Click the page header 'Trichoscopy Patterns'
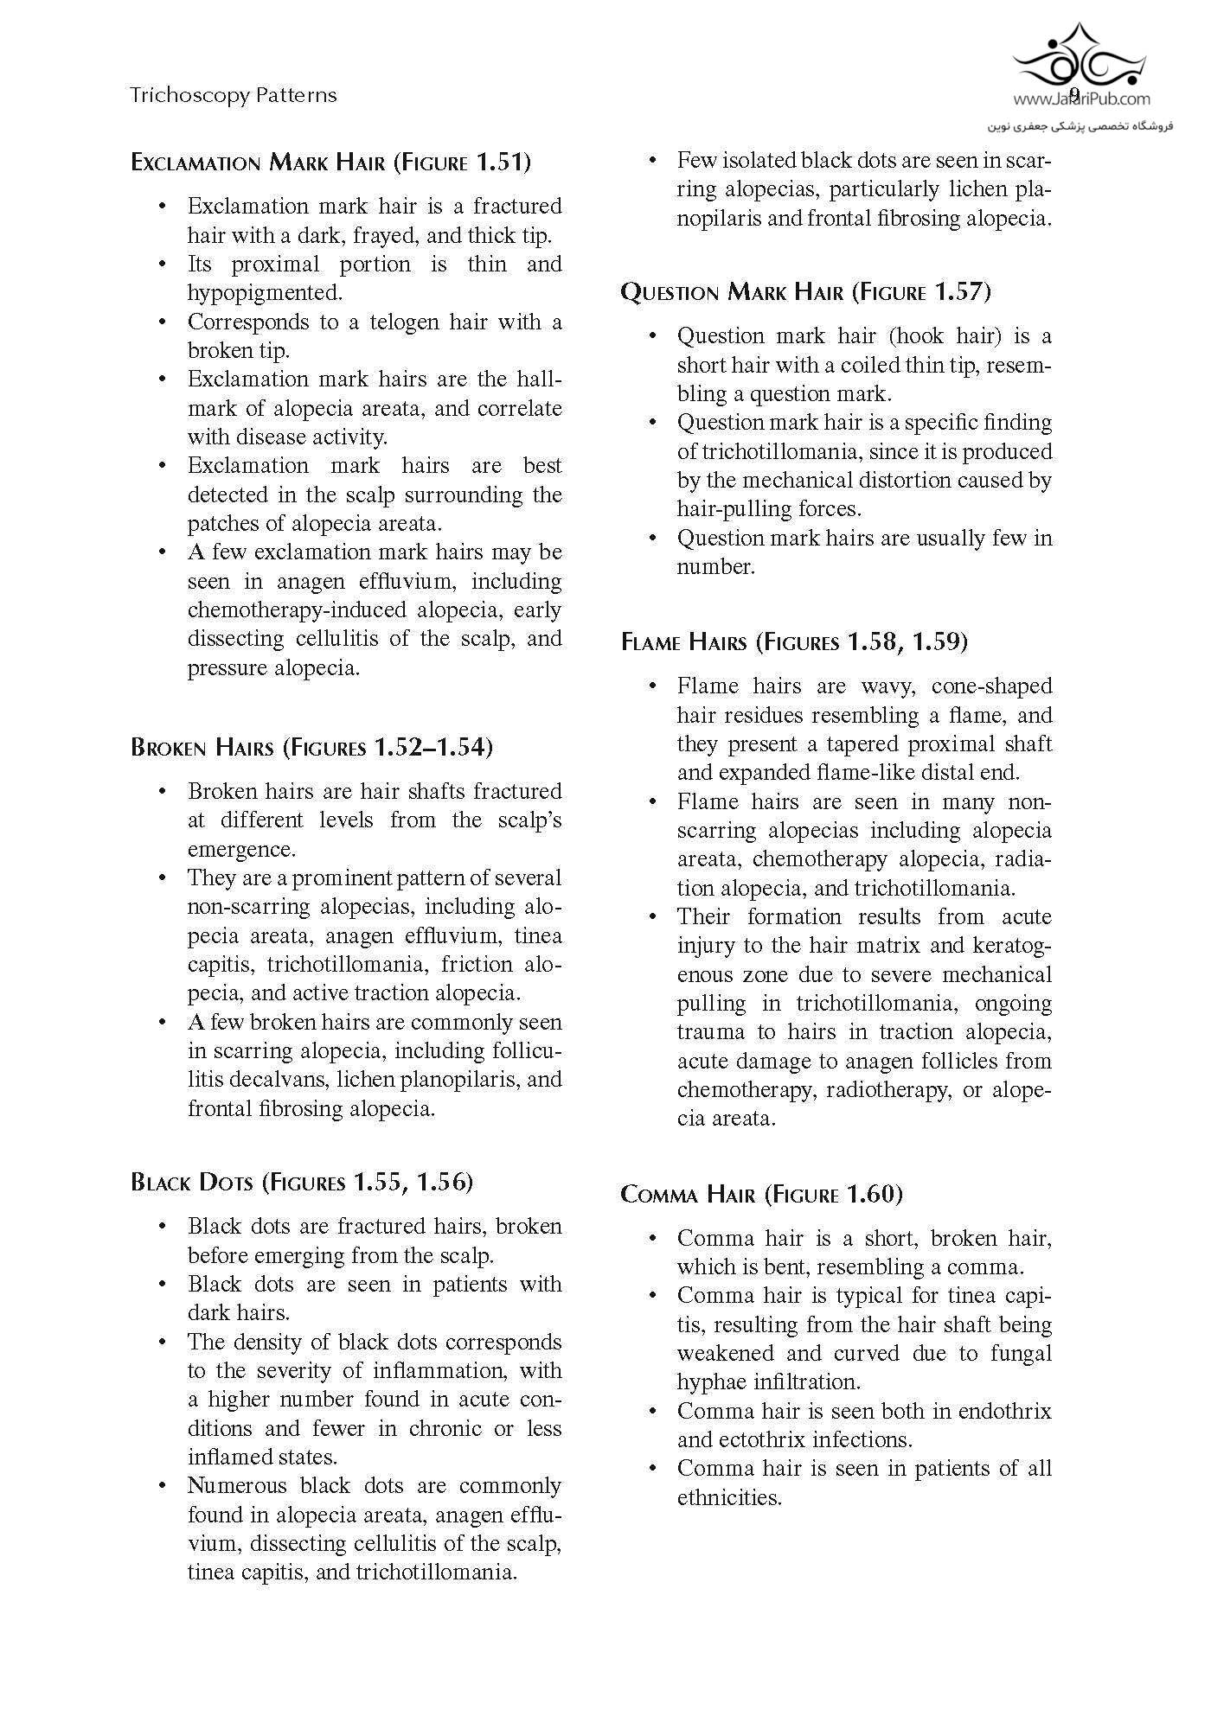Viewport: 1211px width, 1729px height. click(x=233, y=95)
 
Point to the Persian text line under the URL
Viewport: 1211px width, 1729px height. click(x=1080, y=126)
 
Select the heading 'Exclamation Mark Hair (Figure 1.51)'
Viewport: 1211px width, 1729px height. click(x=330, y=163)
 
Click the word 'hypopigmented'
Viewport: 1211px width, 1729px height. click(x=265, y=293)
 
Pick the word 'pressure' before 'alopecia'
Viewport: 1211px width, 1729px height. click(x=227, y=668)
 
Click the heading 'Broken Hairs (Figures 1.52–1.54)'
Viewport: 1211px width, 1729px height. click(x=311, y=747)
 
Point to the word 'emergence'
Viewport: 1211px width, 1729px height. click(x=241, y=849)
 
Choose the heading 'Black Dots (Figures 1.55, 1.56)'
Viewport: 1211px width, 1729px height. click(x=302, y=1182)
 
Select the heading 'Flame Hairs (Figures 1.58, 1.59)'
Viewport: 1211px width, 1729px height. click(x=794, y=642)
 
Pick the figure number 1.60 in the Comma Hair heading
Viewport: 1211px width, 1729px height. click(x=874, y=1195)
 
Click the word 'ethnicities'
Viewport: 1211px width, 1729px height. click(x=729, y=1498)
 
